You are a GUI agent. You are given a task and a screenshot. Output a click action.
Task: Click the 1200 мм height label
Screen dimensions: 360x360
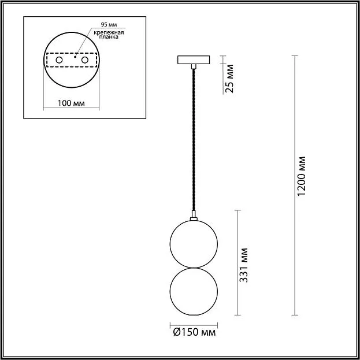[302, 176]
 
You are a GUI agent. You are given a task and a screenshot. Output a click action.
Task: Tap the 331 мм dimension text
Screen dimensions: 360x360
[243, 265]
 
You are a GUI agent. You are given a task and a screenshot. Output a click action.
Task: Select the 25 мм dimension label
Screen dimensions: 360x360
[229, 79]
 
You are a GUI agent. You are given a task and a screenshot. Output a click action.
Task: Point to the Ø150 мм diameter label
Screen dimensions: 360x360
[194, 332]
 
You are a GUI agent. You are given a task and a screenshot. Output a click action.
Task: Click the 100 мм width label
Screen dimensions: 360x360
[71, 103]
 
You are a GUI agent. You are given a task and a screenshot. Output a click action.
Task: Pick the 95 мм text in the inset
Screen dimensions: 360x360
[109, 25]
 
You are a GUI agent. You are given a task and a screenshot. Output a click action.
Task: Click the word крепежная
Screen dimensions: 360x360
[109, 32]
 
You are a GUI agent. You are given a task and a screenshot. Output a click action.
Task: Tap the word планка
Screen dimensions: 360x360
[109, 37]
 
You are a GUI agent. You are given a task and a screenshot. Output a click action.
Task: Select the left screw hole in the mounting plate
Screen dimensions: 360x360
[59, 60]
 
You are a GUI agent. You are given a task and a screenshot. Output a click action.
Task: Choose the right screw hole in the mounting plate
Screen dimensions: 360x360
[85, 60]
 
